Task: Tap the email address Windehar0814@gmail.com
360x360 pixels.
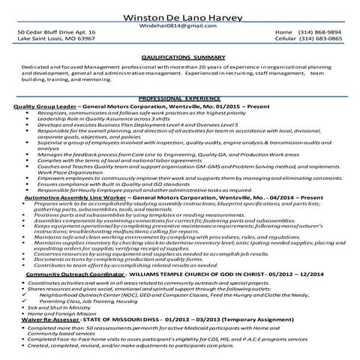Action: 181,24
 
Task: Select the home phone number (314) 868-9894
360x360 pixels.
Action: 320,33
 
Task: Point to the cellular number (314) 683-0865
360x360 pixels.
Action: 320,40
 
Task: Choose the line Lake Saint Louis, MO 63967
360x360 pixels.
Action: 55,40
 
